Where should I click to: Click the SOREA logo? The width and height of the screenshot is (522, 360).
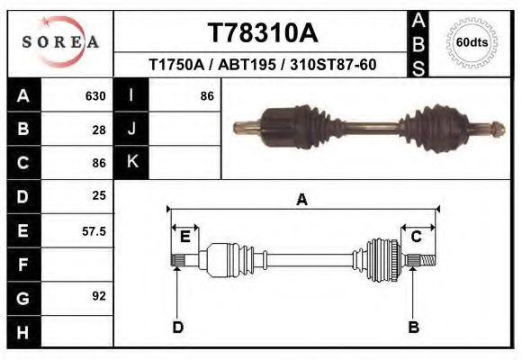59,42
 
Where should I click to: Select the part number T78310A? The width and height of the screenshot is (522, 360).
263,33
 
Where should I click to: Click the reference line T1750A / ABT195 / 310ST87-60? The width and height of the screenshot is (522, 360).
262,65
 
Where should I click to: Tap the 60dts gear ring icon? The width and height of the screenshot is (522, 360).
472,42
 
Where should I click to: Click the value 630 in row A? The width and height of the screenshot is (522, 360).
95,95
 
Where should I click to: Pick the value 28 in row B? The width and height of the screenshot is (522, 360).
99,129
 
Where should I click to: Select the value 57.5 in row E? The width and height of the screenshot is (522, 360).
94,230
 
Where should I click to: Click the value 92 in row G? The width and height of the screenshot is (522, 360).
99,295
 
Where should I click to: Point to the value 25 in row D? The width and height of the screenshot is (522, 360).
99,195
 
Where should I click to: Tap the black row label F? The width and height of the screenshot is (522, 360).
22,264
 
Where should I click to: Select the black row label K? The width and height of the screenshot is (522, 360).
131,162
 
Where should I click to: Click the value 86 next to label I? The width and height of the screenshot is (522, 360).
206,95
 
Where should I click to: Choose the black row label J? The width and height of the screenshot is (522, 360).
131,129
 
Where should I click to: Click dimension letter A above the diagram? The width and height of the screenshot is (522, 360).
302,200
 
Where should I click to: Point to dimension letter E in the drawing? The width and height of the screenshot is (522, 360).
184,237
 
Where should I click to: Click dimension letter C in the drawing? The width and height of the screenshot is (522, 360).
417,237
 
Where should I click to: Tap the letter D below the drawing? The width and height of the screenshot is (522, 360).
177,327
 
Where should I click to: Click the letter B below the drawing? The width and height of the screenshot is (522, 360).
414,327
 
